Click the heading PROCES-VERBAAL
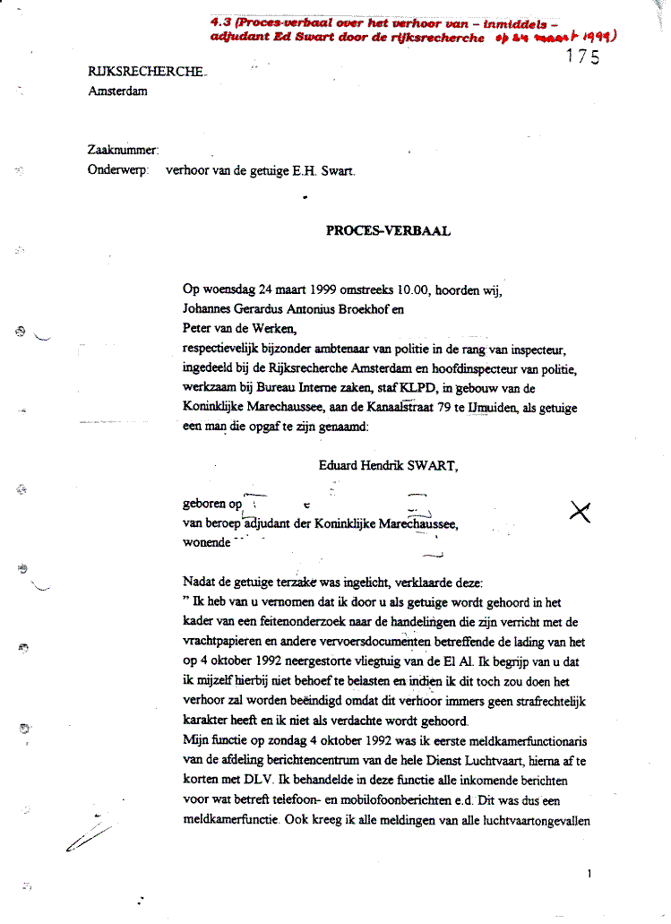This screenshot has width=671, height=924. click(388, 230)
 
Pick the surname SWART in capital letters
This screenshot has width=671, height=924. click(434, 464)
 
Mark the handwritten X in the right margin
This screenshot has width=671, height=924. click(581, 511)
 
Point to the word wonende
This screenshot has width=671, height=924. click(205, 542)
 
